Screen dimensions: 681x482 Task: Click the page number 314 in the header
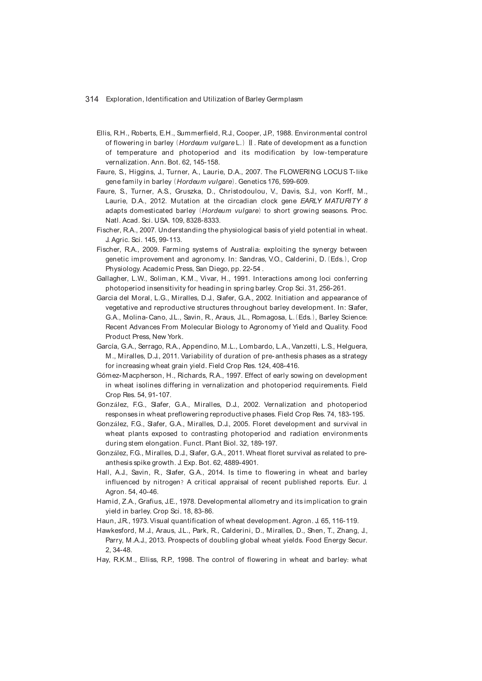click(92, 99)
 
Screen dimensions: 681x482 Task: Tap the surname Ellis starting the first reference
click(103, 133)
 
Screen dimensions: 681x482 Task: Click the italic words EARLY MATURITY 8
click(334, 201)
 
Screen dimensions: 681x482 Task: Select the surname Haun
click(105, 521)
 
